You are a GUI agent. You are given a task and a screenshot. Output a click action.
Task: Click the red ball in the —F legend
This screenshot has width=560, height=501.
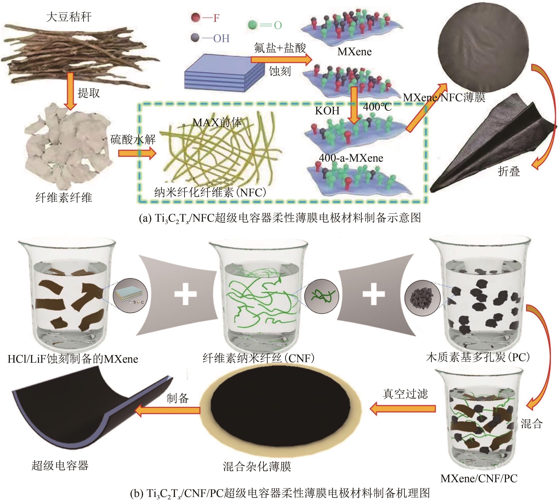pos(195,18)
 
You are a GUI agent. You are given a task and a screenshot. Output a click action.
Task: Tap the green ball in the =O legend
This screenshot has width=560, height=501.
pos(252,25)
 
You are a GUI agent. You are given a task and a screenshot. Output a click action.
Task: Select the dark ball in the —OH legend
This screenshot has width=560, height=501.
pos(195,38)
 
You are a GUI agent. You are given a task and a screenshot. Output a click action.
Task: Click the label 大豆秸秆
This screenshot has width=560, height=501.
pos(69,17)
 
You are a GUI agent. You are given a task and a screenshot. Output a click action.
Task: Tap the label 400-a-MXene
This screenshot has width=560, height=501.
pos(351,158)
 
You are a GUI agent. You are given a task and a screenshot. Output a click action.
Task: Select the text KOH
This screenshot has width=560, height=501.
pos(327,111)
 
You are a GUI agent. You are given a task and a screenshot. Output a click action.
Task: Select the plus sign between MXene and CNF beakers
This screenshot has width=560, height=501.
pos(185,294)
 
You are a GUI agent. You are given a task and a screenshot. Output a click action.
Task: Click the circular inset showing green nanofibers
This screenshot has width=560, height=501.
pos(321,296)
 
